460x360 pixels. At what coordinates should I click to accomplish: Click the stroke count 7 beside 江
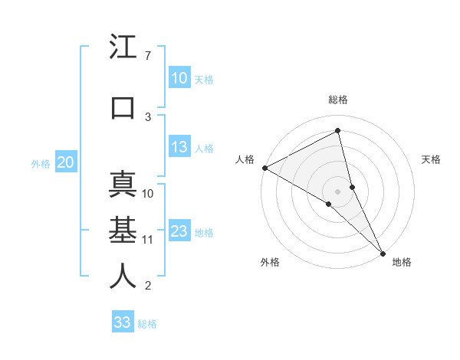click(x=147, y=56)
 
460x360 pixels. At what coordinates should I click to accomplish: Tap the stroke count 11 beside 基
click(x=148, y=240)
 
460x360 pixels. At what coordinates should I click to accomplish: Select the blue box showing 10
click(x=179, y=77)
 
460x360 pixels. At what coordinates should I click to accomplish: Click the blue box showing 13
click(x=179, y=147)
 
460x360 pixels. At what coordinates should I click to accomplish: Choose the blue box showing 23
click(x=179, y=231)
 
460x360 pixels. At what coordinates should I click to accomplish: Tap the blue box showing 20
click(x=65, y=162)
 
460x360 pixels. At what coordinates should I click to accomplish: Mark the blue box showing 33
click(x=122, y=322)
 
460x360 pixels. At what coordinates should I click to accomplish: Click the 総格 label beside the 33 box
click(x=147, y=324)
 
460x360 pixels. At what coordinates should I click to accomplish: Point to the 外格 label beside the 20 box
click(x=40, y=163)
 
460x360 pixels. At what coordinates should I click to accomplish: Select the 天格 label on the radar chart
click(x=431, y=159)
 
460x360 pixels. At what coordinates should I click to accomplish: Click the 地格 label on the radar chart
click(x=402, y=262)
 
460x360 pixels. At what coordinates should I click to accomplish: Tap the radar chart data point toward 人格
click(x=264, y=168)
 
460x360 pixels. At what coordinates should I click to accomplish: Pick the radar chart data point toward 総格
click(x=338, y=131)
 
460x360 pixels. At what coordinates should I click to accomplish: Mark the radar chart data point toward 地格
click(x=382, y=251)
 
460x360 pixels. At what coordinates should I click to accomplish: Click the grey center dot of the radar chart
click(x=338, y=191)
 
